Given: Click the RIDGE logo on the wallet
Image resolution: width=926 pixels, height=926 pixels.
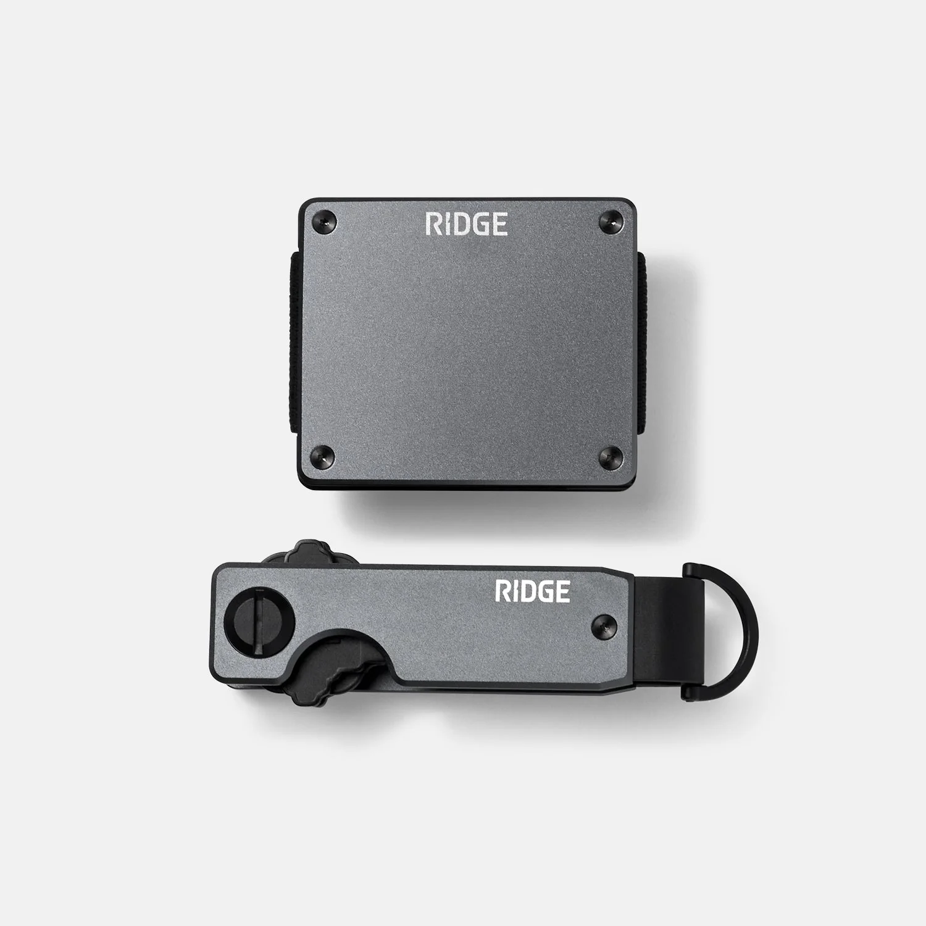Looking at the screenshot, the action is tap(467, 224).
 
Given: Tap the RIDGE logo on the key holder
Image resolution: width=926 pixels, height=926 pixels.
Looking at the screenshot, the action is tap(533, 591).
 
